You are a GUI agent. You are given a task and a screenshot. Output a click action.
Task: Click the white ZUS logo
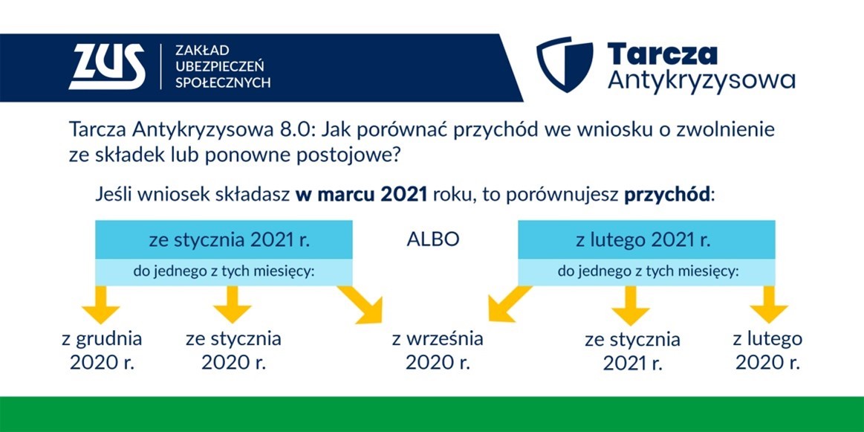[x=107, y=67]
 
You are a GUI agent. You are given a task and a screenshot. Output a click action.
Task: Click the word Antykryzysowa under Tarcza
[x=701, y=81]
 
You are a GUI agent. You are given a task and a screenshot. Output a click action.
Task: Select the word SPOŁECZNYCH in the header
[x=223, y=83]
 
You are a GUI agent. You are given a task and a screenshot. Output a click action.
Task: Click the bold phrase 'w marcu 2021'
[x=362, y=196]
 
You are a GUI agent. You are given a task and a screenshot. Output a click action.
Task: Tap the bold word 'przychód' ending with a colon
[x=669, y=197]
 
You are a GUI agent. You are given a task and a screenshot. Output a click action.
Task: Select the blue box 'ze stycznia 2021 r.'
[x=224, y=240]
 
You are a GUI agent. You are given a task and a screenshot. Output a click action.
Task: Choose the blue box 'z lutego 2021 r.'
[x=646, y=240]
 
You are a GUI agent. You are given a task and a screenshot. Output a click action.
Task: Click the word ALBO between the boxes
[x=433, y=240]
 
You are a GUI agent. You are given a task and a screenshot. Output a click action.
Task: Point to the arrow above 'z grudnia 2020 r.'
[x=101, y=305]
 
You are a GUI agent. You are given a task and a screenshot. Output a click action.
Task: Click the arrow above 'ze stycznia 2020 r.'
[x=233, y=305]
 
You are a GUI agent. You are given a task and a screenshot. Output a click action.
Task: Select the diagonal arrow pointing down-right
[x=361, y=304]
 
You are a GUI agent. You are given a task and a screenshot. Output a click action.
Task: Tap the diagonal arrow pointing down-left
[x=510, y=303]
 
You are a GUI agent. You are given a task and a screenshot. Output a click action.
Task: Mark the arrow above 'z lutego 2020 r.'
[x=769, y=305]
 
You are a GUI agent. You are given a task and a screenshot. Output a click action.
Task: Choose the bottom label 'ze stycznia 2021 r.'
[x=632, y=352]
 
